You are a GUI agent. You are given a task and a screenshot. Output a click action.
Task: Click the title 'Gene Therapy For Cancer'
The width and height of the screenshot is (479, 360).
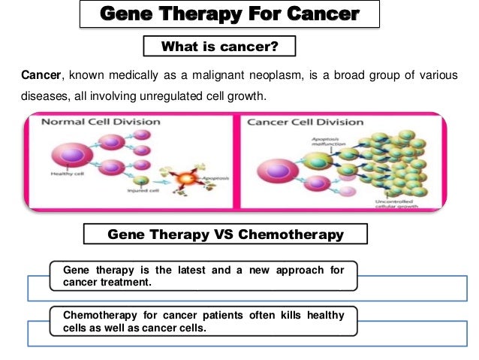point(229,14)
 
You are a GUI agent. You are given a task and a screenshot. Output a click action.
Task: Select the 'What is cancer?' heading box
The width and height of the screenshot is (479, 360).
point(220,47)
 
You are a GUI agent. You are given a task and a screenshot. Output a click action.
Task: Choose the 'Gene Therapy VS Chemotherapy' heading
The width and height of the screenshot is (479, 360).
point(225,234)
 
